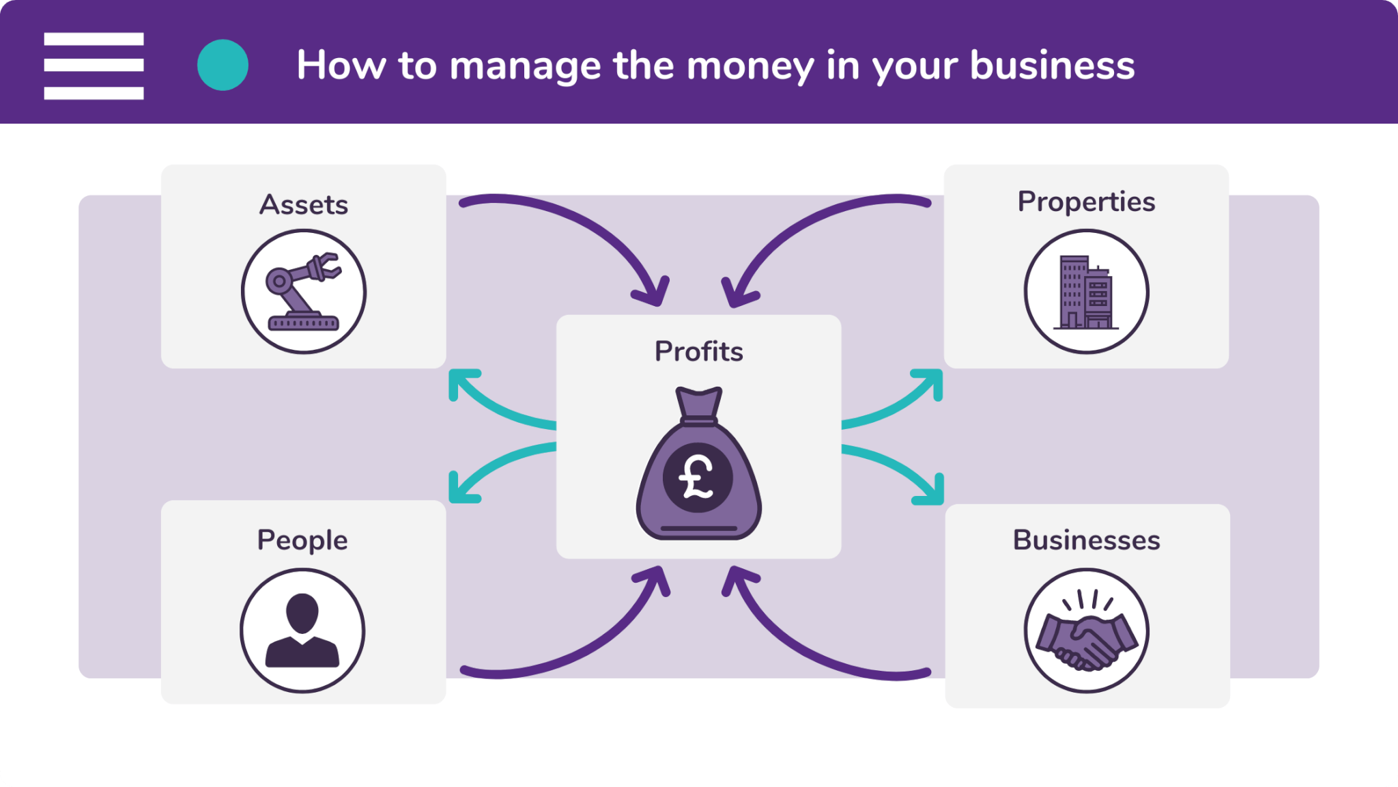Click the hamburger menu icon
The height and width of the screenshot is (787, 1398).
94,66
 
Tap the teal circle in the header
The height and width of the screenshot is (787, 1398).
223,65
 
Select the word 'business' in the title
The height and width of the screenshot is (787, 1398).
1052,66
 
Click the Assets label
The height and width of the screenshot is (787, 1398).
304,204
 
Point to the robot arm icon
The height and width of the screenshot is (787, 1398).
304,292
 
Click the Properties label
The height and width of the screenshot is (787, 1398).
1086,202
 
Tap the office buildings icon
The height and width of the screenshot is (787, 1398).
1086,292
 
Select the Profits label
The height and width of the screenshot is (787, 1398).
698,351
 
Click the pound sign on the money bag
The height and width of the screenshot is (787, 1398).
697,477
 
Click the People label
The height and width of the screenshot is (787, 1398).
302,540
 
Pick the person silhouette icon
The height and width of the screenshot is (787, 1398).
302,631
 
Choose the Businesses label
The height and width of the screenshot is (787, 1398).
1086,540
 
